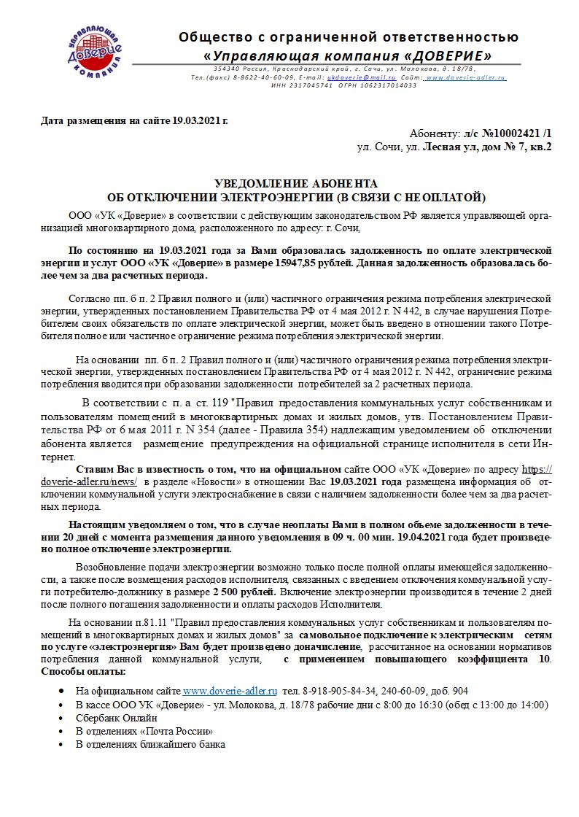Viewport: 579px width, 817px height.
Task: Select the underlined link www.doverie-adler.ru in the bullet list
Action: coord(230,689)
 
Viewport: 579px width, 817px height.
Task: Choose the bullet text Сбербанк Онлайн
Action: coord(116,717)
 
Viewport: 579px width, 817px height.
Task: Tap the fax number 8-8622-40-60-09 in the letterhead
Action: coord(264,77)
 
